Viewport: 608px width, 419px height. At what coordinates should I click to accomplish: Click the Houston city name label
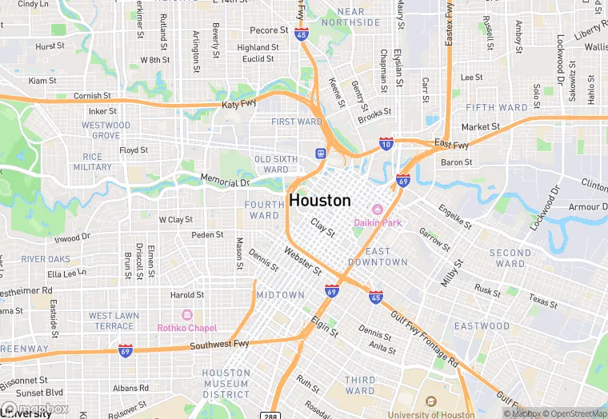point(320,200)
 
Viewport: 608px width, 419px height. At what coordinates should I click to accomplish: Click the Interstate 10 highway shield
point(386,143)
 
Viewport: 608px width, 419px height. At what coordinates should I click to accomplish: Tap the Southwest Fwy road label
point(219,345)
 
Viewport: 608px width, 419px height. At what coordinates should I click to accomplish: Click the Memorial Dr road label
point(225,181)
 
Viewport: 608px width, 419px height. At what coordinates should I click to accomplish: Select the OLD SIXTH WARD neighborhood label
point(276,164)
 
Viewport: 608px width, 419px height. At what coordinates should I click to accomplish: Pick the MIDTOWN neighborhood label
point(280,295)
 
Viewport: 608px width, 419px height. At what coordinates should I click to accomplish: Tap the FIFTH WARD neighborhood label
point(497,107)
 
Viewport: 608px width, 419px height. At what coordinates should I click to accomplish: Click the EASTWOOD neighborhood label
point(482,326)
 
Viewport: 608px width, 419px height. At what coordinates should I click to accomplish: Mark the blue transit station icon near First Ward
point(321,153)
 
